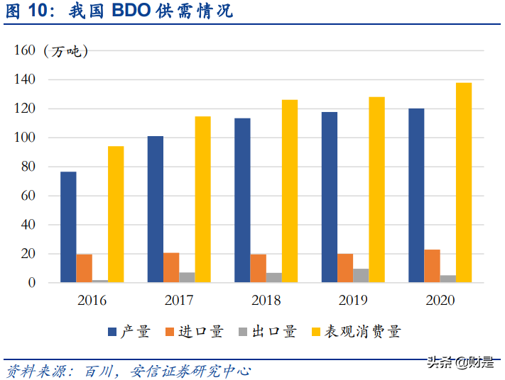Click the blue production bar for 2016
[x=68, y=227]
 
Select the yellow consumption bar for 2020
[x=464, y=183]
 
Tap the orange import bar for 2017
[x=171, y=268]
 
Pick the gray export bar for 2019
[x=362, y=276]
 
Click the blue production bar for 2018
[x=242, y=201]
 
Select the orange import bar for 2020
[x=432, y=267]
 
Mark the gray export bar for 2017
[x=187, y=278]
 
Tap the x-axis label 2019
[x=353, y=301]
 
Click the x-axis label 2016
[x=92, y=301]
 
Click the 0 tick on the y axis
[x=31, y=283]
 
